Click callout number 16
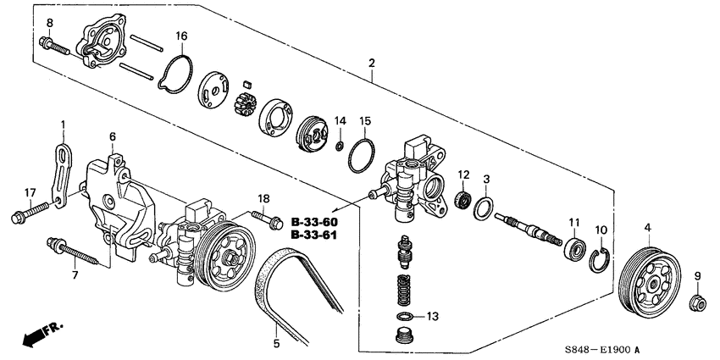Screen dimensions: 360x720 coord(180,36)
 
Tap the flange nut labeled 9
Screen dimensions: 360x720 coord(697,301)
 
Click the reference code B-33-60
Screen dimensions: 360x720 coord(313,222)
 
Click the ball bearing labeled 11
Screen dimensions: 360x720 coord(576,250)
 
